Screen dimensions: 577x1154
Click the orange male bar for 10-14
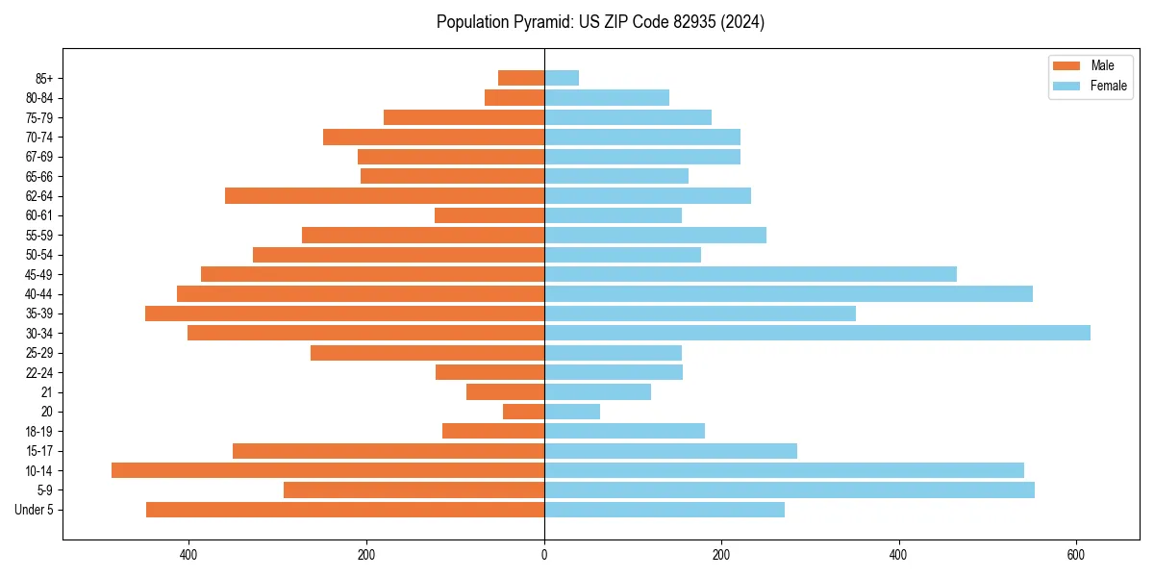327,470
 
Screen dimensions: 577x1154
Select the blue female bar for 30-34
817,333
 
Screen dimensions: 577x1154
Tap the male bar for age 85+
521,78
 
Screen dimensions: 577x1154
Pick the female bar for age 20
572,412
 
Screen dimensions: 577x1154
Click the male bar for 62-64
385,195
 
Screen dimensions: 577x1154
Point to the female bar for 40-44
789,293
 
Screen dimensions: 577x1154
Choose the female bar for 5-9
790,489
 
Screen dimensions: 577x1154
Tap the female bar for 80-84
607,97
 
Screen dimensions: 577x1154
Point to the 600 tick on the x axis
1077,555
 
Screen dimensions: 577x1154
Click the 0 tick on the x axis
544,555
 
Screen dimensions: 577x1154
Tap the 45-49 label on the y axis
38,274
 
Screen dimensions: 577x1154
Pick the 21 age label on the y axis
46,392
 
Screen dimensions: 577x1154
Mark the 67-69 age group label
38,157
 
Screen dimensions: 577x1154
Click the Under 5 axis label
34,510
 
